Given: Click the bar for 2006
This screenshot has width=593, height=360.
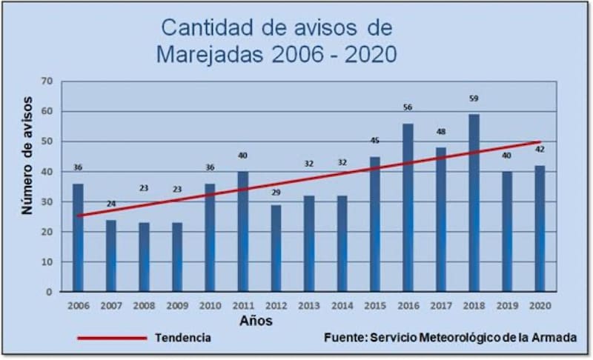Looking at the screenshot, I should pos(78,237).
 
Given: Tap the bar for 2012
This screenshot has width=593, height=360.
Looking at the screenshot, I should pos(276,248).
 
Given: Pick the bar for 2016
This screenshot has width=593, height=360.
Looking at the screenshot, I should pos(408,207).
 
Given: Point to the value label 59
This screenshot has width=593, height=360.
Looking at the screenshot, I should pos(474,97).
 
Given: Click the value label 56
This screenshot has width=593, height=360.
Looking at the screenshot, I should pos(408,107).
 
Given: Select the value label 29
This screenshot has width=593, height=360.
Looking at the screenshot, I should pos(276,193).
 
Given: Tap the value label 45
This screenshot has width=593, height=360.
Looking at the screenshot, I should pos(375,141).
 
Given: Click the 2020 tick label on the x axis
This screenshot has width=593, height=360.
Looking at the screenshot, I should pos(540,305).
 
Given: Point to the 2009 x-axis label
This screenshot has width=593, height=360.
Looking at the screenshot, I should pos(176,305).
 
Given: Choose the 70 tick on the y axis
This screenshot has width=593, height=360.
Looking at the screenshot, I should pos(47,81).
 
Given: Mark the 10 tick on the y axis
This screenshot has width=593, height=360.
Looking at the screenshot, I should pos(47,261).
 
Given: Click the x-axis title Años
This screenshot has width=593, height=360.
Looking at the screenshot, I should pos(255,321).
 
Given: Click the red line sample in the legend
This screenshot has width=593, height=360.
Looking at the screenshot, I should pos(112,338).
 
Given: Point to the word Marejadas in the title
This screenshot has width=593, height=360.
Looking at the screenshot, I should pos(213,54).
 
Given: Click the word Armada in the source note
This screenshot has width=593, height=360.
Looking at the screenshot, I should pos(556,338).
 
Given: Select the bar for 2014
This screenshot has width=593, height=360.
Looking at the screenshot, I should pos(342,244).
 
